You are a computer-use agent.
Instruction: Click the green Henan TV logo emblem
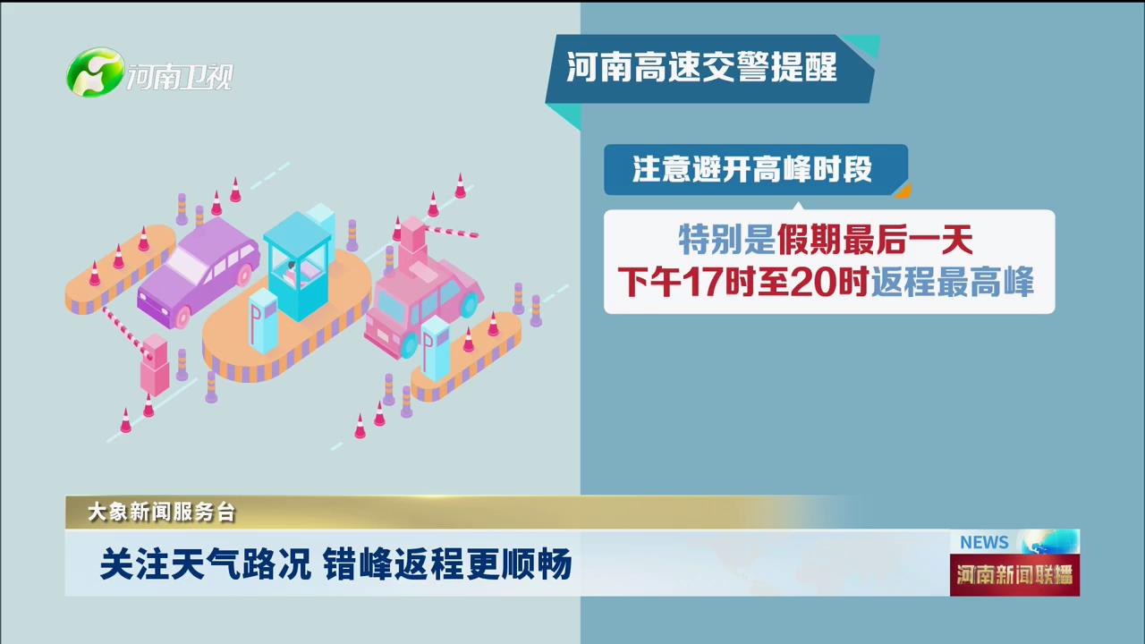[x=95, y=72]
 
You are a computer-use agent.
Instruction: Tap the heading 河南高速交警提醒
[x=701, y=67]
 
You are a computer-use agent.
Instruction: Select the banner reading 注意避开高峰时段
[x=756, y=170]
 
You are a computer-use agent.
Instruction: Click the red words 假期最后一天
[x=875, y=240]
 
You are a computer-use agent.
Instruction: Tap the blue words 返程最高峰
[x=953, y=282]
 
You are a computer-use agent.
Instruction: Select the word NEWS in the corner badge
[x=984, y=542]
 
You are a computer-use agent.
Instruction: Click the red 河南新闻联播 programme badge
[x=1014, y=575]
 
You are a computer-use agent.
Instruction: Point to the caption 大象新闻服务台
[x=162, y=513]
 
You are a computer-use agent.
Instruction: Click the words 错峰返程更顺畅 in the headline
[x=447, y=564]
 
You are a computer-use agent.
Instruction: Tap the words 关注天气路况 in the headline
[x=206, y=564]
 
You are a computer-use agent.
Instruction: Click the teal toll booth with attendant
[x=299, y=267]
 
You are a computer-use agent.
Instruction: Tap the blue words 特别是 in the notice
[x=726, y=240]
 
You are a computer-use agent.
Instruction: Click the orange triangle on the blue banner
[x=903, y=191]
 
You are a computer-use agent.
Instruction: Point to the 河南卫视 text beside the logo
[x=180, y=77]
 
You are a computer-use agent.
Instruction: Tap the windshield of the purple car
[x=184, y=263]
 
